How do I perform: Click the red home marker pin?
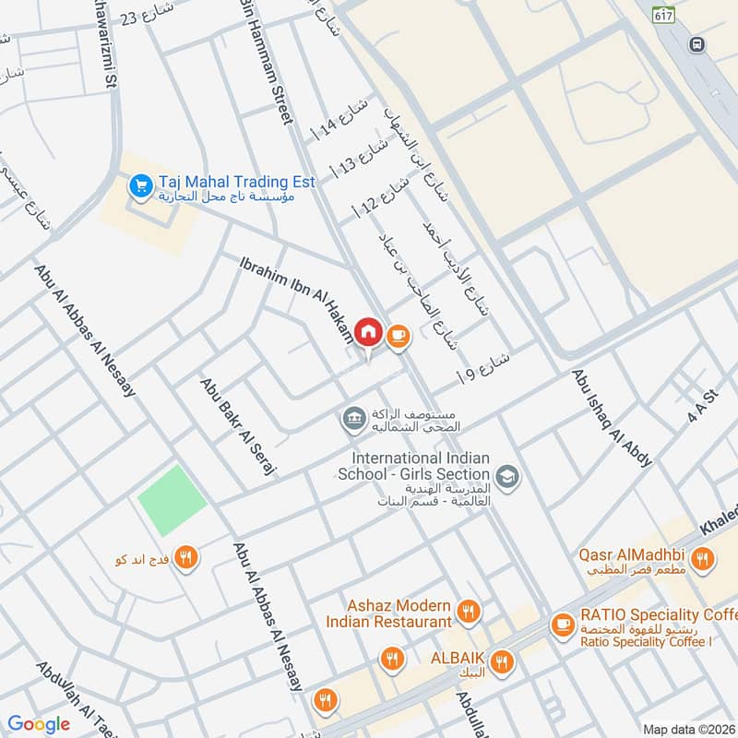click(368, 332)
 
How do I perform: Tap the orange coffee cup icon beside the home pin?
click(399, 336)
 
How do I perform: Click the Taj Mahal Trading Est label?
click(237, 181)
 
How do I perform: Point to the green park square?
click(172, 501)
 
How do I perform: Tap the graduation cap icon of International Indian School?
click(506, 477)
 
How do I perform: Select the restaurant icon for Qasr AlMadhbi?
click(703, 557)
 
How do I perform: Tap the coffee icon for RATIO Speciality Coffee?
click(560, 625)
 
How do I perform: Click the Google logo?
click(39, 724)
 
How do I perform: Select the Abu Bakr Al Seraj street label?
click(239, 425)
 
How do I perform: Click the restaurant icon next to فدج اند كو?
click(187, 557)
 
